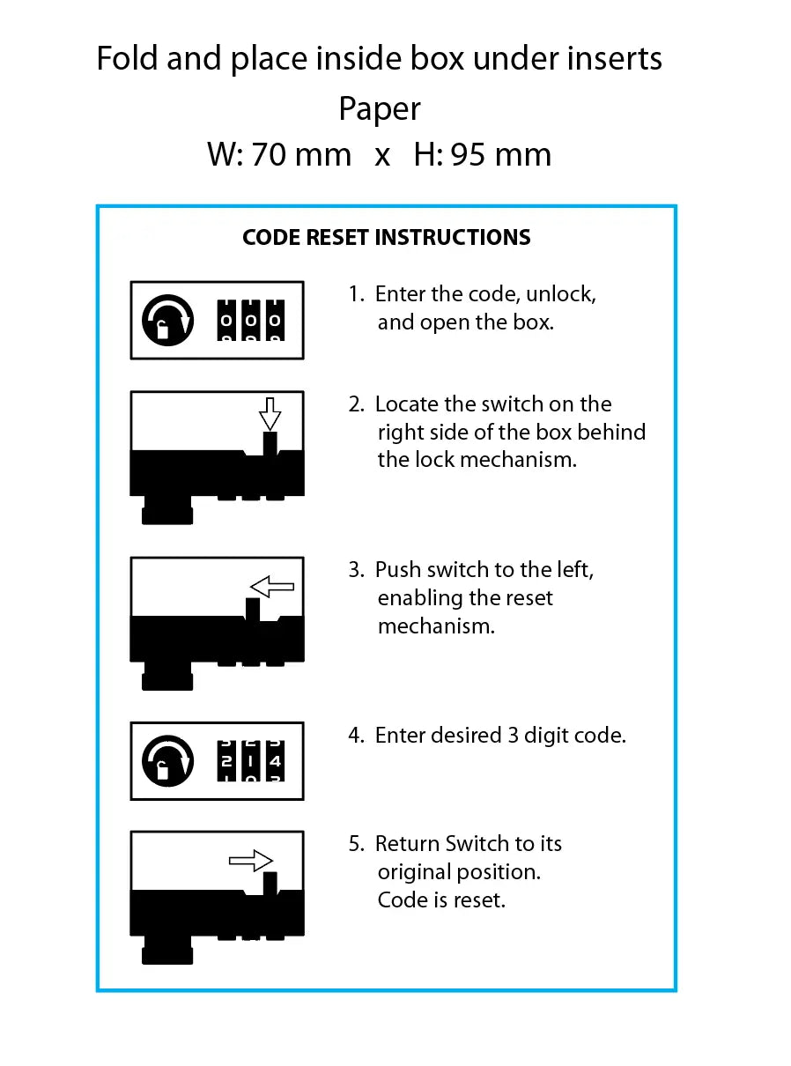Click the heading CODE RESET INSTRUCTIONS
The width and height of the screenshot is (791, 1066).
[386, 238]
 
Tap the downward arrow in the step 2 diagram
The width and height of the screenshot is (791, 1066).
[270, 412]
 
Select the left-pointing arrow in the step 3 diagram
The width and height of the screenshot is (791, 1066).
[272, 587]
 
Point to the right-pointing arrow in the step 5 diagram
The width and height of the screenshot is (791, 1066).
[251, 860]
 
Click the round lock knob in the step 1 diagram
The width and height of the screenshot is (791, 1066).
[167, 322]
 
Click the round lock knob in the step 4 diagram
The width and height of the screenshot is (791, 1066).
[167, 760]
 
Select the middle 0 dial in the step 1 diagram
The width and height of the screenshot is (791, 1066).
[251, 322]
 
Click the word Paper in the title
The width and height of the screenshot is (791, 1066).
[380, 109]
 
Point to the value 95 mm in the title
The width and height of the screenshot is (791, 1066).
[500, 155]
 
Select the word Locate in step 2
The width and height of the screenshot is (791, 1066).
[406, 404]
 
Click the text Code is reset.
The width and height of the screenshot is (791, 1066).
[441, 900]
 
